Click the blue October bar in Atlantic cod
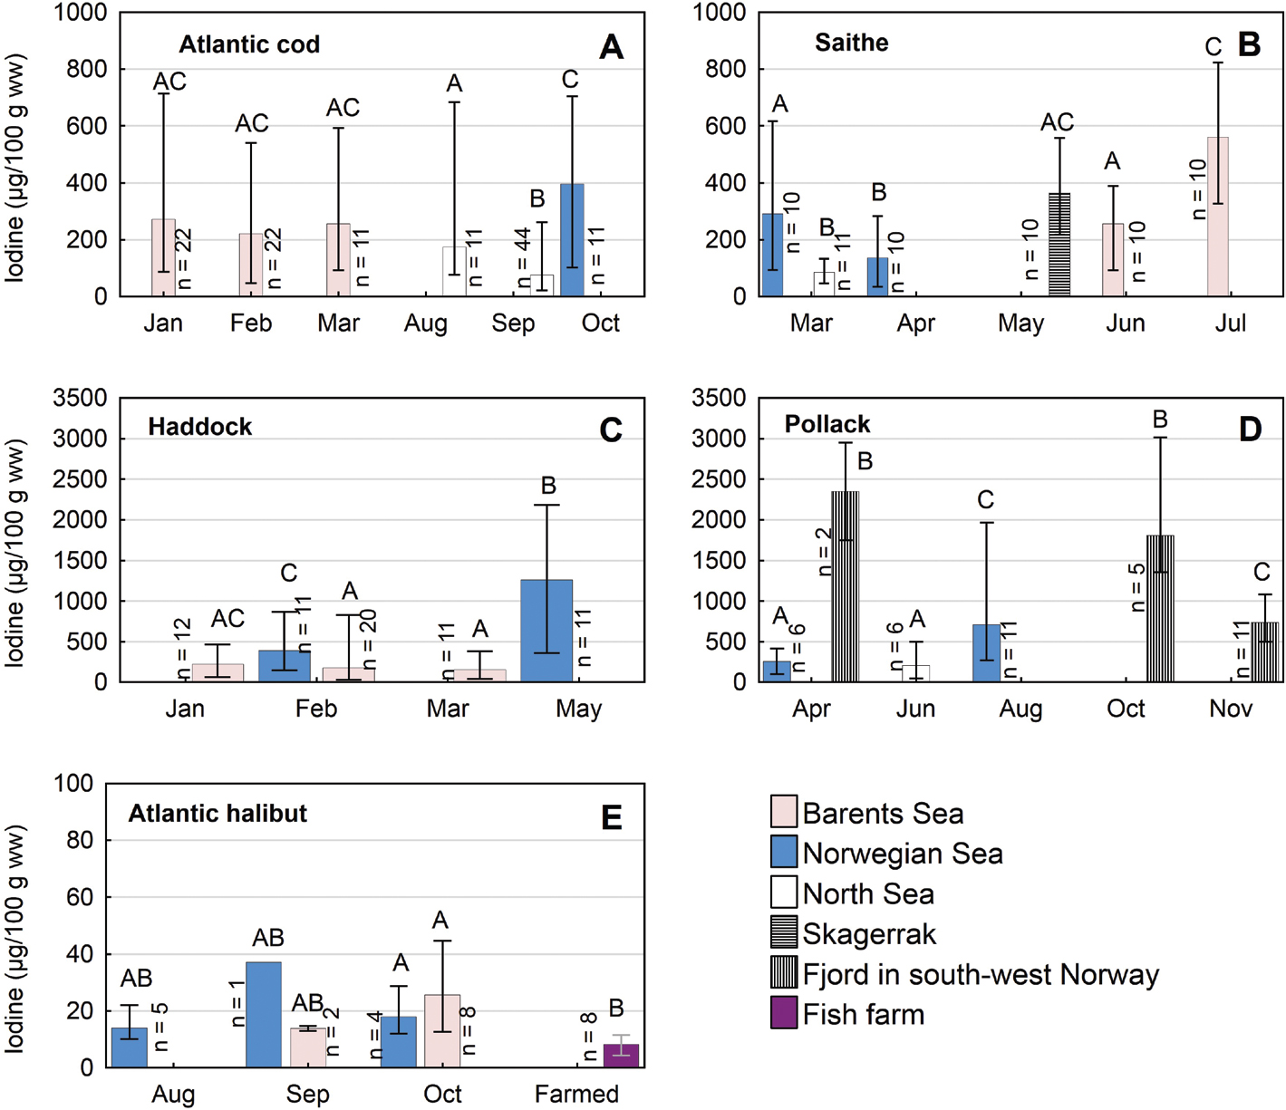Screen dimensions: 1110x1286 [572, 240]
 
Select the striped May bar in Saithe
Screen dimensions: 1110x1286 [1059, 245]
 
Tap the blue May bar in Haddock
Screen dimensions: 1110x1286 [546, 631]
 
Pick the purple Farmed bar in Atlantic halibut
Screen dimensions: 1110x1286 [621, 1056]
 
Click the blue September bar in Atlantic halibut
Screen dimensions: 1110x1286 [264, 1015]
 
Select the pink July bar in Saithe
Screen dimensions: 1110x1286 [1218, 217]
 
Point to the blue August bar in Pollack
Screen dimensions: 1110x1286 [986, 653]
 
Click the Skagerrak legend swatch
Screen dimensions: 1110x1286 [783, 933]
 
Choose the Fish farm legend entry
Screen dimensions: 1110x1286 [863, 1014]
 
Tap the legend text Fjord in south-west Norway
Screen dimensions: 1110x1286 [981, 974]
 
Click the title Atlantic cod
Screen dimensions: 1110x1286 [249, 44]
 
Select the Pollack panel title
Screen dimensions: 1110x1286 [827, 424]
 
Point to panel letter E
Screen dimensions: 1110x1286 [612, 818]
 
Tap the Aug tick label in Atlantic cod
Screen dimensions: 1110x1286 [426, 323]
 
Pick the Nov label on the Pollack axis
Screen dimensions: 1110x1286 [1230, 709]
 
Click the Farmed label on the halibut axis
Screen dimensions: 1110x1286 [576, 1094]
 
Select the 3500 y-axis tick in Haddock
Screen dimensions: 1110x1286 [81, 399]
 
